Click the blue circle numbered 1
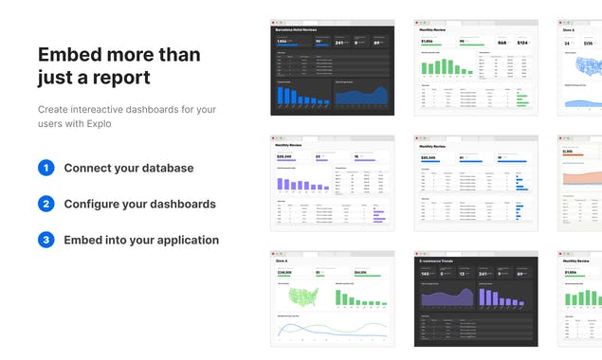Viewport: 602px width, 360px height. (x=46, y=168)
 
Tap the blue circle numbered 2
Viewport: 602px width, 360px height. (x=46, y=204)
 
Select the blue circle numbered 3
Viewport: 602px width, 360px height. (x=46, y=240)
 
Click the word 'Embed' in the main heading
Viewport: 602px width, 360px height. (x=72, y=55)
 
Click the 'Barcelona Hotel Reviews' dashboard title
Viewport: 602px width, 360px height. (x=295, y=30)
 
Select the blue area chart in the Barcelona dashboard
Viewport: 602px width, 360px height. (x=361, y=95)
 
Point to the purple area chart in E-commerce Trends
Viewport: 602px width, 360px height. (x=446, y=297)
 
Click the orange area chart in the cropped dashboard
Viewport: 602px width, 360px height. (x=581, y=174)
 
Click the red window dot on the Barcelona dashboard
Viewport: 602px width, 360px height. (x=273, y=22)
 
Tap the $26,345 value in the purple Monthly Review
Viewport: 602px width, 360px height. (x=284, y=157)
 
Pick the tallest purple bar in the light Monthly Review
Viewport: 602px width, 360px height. (x=281, y=183)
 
